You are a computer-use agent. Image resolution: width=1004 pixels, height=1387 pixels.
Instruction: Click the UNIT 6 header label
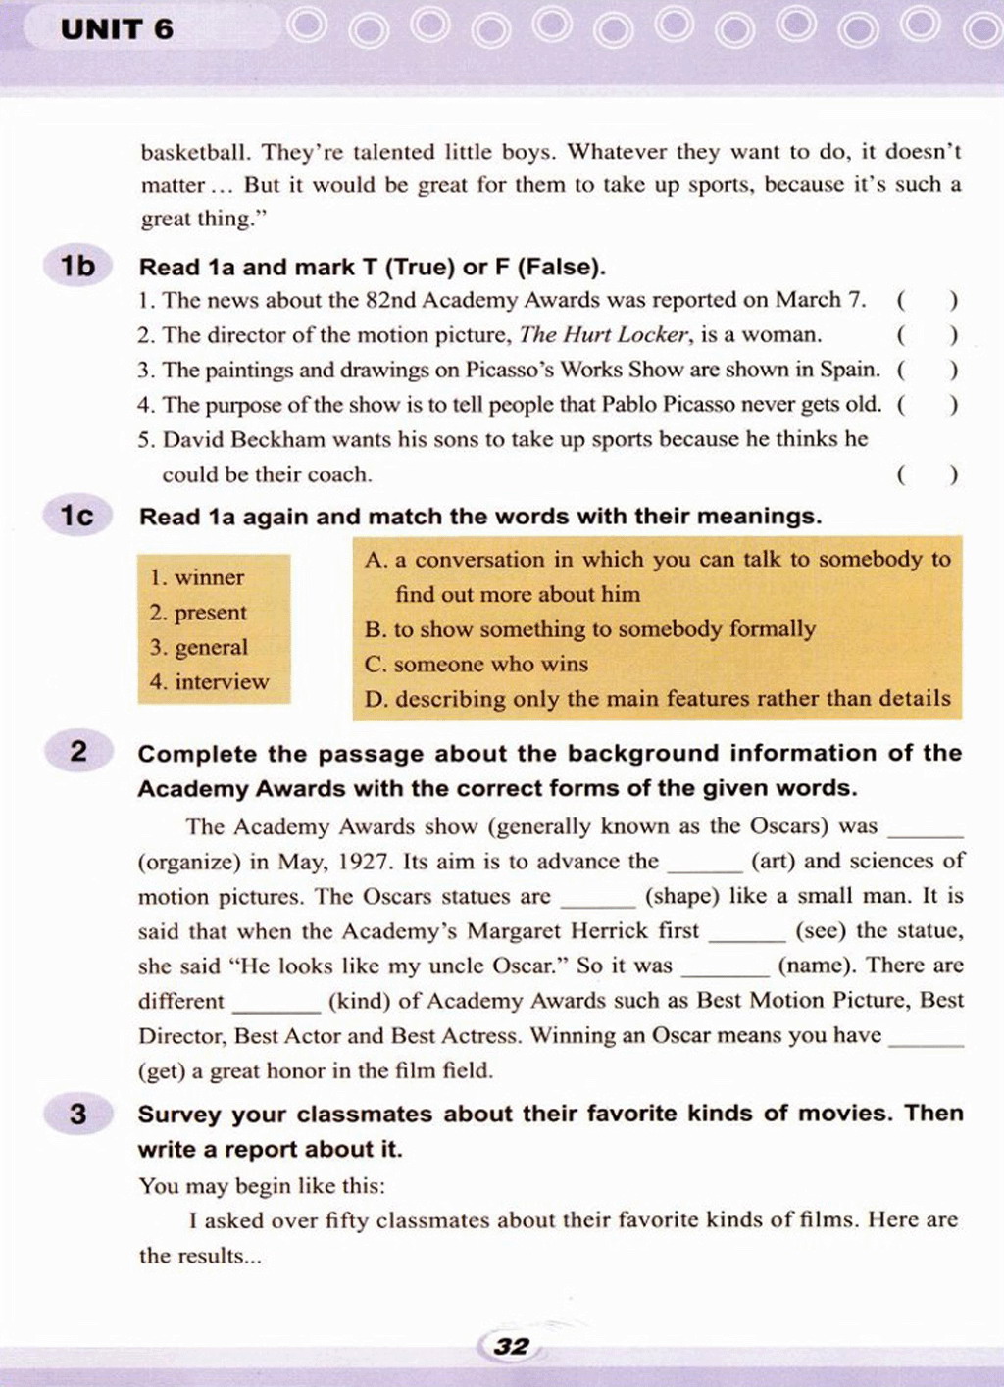click(x=117, y=29)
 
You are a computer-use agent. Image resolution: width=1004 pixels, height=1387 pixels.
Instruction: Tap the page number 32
click(x=511, y=1346)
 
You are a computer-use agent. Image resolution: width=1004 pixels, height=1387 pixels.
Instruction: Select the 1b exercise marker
click(x=78, y=266)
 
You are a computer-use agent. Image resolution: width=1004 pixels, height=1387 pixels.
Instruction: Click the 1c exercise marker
click(x=78, y=516)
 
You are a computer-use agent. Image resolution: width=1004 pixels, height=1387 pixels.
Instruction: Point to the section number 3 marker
click(x=78, y=1114)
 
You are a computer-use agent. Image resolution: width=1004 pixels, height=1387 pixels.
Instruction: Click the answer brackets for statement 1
click(x=927, y=300)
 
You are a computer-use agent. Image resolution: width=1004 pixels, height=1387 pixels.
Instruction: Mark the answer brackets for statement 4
click(x=927, y=404)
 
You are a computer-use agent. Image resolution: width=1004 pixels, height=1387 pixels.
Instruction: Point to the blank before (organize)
click(x=926, y=830)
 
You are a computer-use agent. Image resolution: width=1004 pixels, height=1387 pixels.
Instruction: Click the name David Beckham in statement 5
click(x=243, y=439)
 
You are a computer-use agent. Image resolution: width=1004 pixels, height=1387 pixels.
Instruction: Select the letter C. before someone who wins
click(x=376, y=665)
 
